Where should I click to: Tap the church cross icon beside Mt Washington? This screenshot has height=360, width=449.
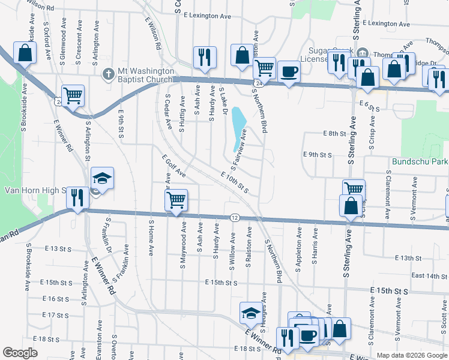point(108,74)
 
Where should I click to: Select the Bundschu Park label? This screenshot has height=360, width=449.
point(420,162)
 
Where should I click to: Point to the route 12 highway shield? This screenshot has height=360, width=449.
point(235,217)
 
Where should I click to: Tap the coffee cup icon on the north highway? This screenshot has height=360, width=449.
point(288,71)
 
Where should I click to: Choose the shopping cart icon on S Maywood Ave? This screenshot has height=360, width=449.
point(176,199)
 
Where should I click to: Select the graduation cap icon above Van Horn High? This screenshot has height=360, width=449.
point(102,178)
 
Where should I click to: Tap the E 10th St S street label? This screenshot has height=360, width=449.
point(235,182)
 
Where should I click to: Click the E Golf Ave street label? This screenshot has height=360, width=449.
point(174,166)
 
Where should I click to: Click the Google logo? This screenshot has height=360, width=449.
point(20,353)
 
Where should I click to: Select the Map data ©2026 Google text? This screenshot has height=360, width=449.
point(411,355)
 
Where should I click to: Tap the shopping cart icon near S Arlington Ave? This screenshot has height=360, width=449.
point(73,95)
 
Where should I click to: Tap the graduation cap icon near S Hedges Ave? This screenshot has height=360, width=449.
point(250,313)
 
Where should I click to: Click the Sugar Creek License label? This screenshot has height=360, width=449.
point(330,55)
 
